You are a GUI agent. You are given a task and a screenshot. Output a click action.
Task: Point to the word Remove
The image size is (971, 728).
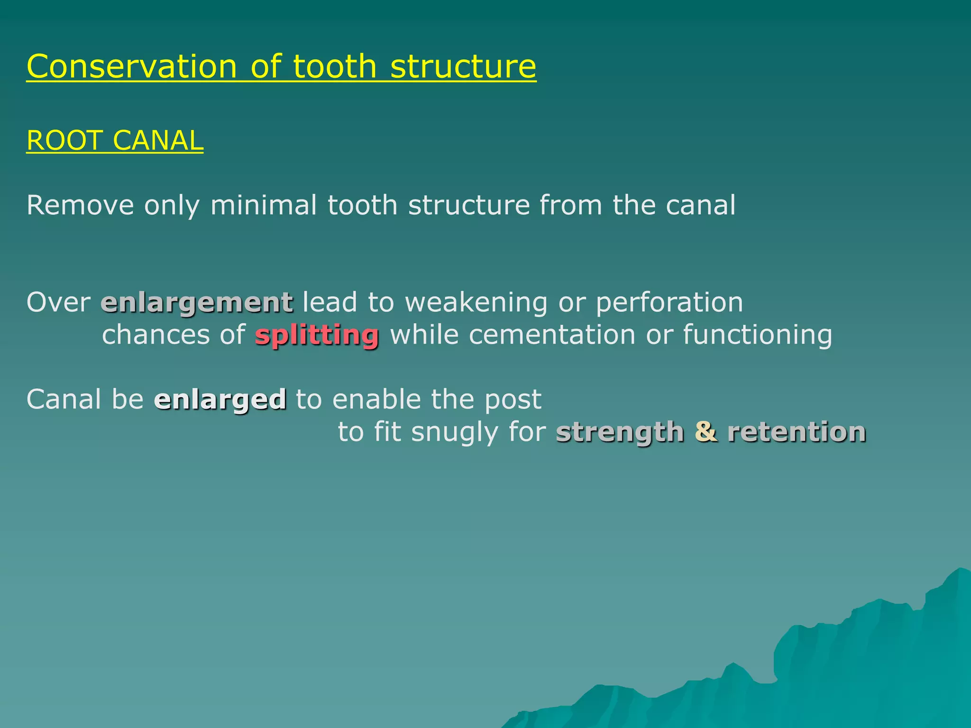click(x=80, y=205)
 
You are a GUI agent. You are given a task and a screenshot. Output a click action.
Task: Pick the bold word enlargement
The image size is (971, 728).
click(x=197, y=302)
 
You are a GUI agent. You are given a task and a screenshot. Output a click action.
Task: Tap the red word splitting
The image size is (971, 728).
click(x=317, y=335)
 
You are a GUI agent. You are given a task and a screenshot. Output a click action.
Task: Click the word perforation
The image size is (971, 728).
click(x=669, y=302)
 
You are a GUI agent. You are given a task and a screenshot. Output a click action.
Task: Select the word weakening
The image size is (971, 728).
click(x=476, y=302)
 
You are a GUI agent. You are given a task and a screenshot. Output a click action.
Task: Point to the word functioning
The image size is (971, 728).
click(x=757, y=335)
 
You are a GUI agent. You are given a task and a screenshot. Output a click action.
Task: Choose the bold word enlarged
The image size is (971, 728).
click(x=220, y=399)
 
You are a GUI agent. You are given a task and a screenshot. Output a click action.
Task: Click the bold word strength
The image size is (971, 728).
click(x=620, y=432)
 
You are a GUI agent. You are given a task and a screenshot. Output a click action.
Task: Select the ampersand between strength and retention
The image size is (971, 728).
click(x=706, y=432)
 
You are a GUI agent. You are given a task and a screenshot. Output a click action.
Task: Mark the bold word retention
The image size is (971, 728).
click(x=797, y=432)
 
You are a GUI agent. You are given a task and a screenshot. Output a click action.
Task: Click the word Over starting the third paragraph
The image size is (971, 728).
click(x=58, y=302)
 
